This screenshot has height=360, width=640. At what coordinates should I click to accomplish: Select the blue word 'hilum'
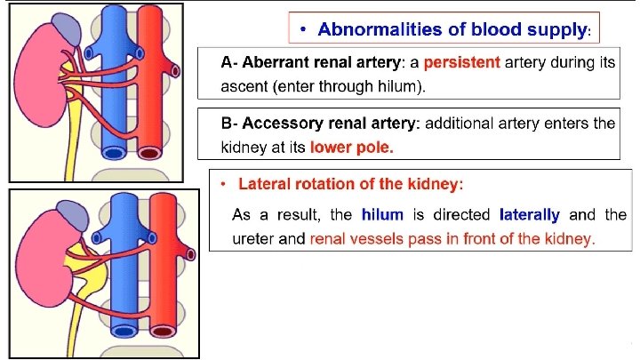click(383, 215)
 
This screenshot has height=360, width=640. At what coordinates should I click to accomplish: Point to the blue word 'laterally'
click(530, 215)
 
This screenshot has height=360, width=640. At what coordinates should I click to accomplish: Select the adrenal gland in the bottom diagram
click(68, 214)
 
